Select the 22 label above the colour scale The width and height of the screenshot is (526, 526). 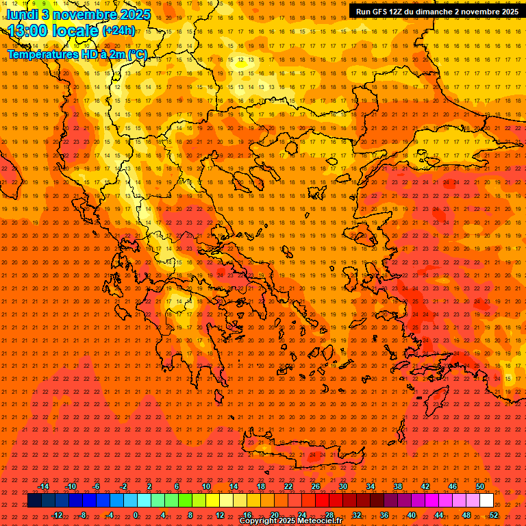(x=288, y=486)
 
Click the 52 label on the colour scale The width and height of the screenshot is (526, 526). (x=494, y=514)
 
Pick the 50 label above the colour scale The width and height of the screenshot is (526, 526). (x=480, y=486)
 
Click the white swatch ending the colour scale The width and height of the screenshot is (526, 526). (x=487, y=501)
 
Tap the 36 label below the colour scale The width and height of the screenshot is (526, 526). (x=384, y=514)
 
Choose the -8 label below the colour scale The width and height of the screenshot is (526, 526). (x=82, y=514)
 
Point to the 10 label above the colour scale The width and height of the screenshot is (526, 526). (x=206, y=486)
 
